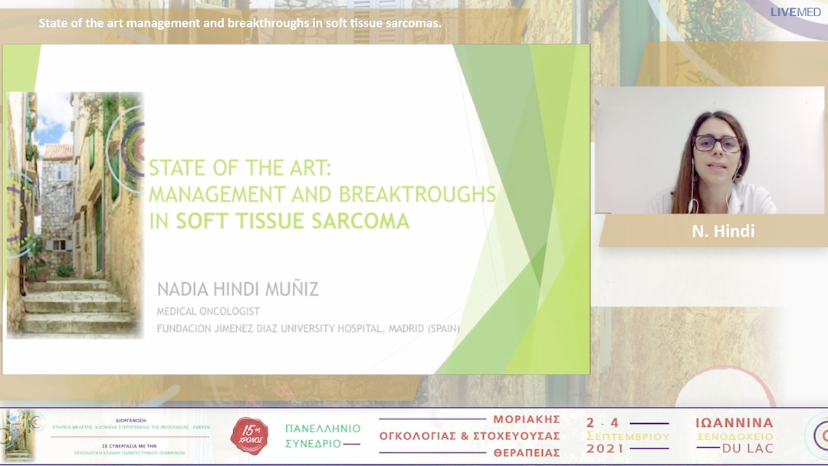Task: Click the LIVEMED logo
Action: point(795,12)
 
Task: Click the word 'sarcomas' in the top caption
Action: point(415,23)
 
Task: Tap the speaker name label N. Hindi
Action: point(723,231)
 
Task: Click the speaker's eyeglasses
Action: point(717,143)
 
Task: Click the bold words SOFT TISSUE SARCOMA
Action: point(292,222)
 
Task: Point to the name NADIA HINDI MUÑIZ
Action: point(238,290)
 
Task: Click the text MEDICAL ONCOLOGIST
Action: point(208,312)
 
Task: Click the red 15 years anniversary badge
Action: point(249,435)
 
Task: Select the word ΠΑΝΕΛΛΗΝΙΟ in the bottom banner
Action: point(323,428)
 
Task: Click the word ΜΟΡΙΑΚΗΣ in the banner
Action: point(527,420)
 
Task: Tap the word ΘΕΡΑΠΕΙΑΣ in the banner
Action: point(526,453)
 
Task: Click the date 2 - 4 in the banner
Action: point(603,422)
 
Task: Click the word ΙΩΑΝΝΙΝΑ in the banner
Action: point(734,423)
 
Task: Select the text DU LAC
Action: point(748,448)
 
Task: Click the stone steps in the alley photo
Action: point(73,307)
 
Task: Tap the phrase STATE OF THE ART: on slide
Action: point(239,167)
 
